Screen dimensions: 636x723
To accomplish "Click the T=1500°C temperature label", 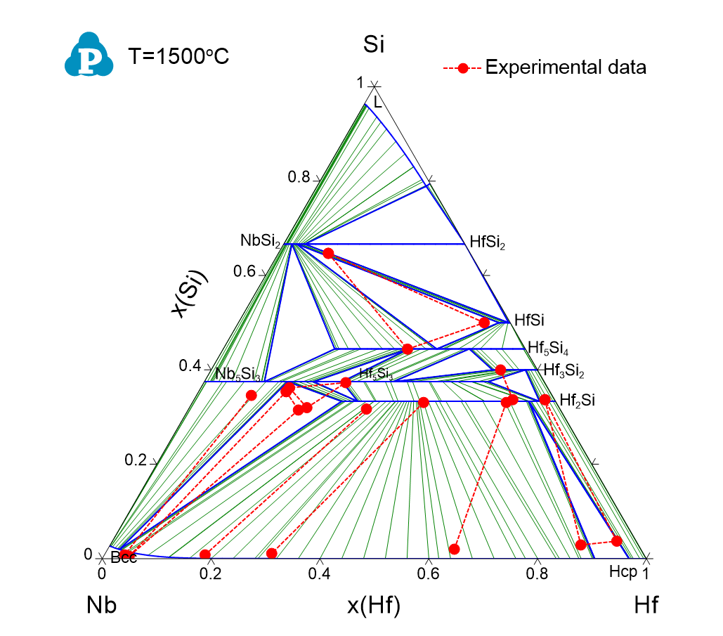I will (179, 57).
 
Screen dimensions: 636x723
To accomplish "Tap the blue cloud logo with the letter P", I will (89, 55).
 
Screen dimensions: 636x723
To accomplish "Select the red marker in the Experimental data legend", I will (462, 68).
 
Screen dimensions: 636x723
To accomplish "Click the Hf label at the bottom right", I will (646, 604).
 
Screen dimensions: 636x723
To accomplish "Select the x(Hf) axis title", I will (374, 604).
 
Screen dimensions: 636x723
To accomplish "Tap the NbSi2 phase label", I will (261, 243).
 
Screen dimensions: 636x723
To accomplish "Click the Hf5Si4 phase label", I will (548, 349).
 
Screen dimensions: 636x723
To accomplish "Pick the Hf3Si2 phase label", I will (564, 369).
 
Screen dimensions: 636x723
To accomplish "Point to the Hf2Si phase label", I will (578, 401).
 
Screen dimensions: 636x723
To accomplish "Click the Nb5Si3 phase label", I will (238, 374).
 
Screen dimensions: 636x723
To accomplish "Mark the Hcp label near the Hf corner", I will (623, 573).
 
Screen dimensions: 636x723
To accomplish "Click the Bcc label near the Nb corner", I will (123, 560).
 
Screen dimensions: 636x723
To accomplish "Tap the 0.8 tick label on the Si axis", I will (299, 177).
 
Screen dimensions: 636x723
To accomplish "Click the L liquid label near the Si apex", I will (378, 102).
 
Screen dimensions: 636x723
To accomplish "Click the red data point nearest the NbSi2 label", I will (328, 253).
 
